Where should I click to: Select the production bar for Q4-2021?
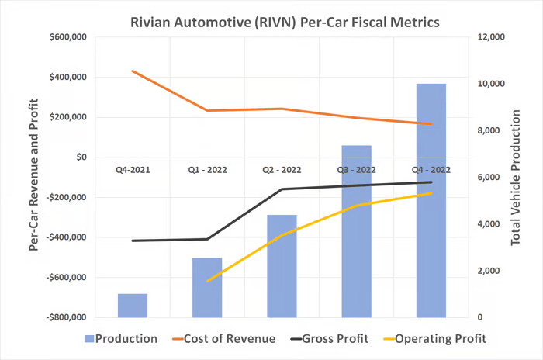pos(133,306)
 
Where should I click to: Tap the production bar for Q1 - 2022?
pos(207,287)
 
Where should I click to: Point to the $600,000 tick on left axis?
pos(66,37)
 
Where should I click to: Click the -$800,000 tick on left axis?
pos(64,317)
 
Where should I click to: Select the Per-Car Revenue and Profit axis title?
pos(33,177)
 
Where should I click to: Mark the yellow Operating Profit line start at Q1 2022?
pos(207,281)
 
